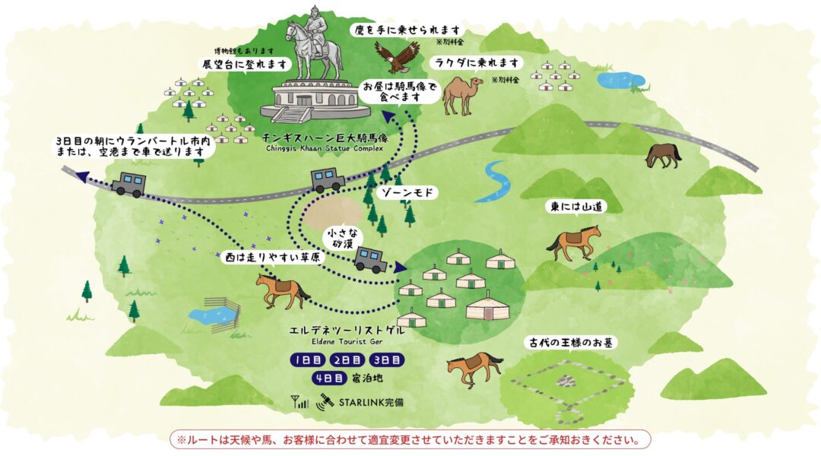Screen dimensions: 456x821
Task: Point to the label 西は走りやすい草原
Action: point(271,258)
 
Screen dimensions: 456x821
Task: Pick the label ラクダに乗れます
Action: point(476,62)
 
